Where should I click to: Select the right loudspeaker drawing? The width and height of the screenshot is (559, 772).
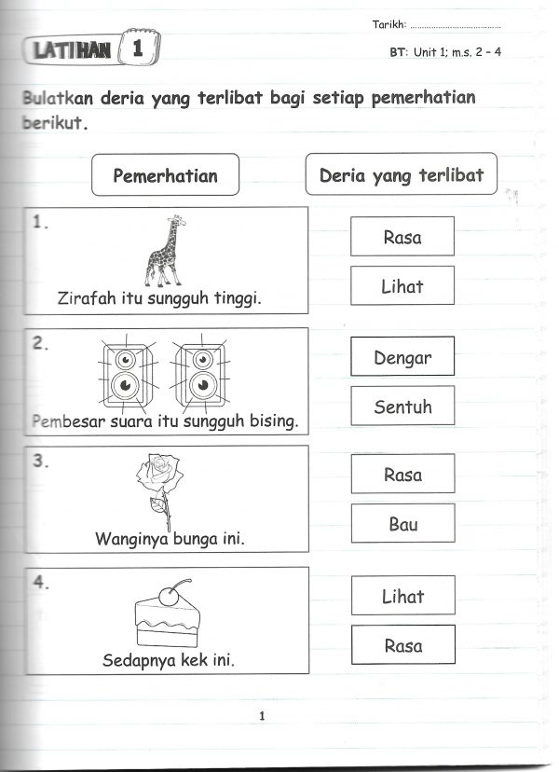[198, 373]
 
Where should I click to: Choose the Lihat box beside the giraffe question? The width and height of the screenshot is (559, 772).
[402, 286]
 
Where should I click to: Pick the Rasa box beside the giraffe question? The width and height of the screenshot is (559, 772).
[402, 237]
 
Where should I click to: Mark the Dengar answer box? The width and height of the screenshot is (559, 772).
[402, 357]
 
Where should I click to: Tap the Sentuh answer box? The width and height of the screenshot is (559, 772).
[402, 407]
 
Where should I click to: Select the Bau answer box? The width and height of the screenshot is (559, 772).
[402, 524]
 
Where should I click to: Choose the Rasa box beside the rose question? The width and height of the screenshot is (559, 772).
[402, 475]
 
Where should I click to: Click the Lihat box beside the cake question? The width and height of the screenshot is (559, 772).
[402, 596]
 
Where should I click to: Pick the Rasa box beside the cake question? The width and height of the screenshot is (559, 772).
[402, 645]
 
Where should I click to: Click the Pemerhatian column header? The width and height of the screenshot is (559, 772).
[165, 174]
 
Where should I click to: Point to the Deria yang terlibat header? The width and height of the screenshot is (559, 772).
[401, 174]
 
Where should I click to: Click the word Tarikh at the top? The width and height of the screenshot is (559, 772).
[389, 25]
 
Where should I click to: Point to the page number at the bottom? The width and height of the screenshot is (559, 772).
[263, 716]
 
